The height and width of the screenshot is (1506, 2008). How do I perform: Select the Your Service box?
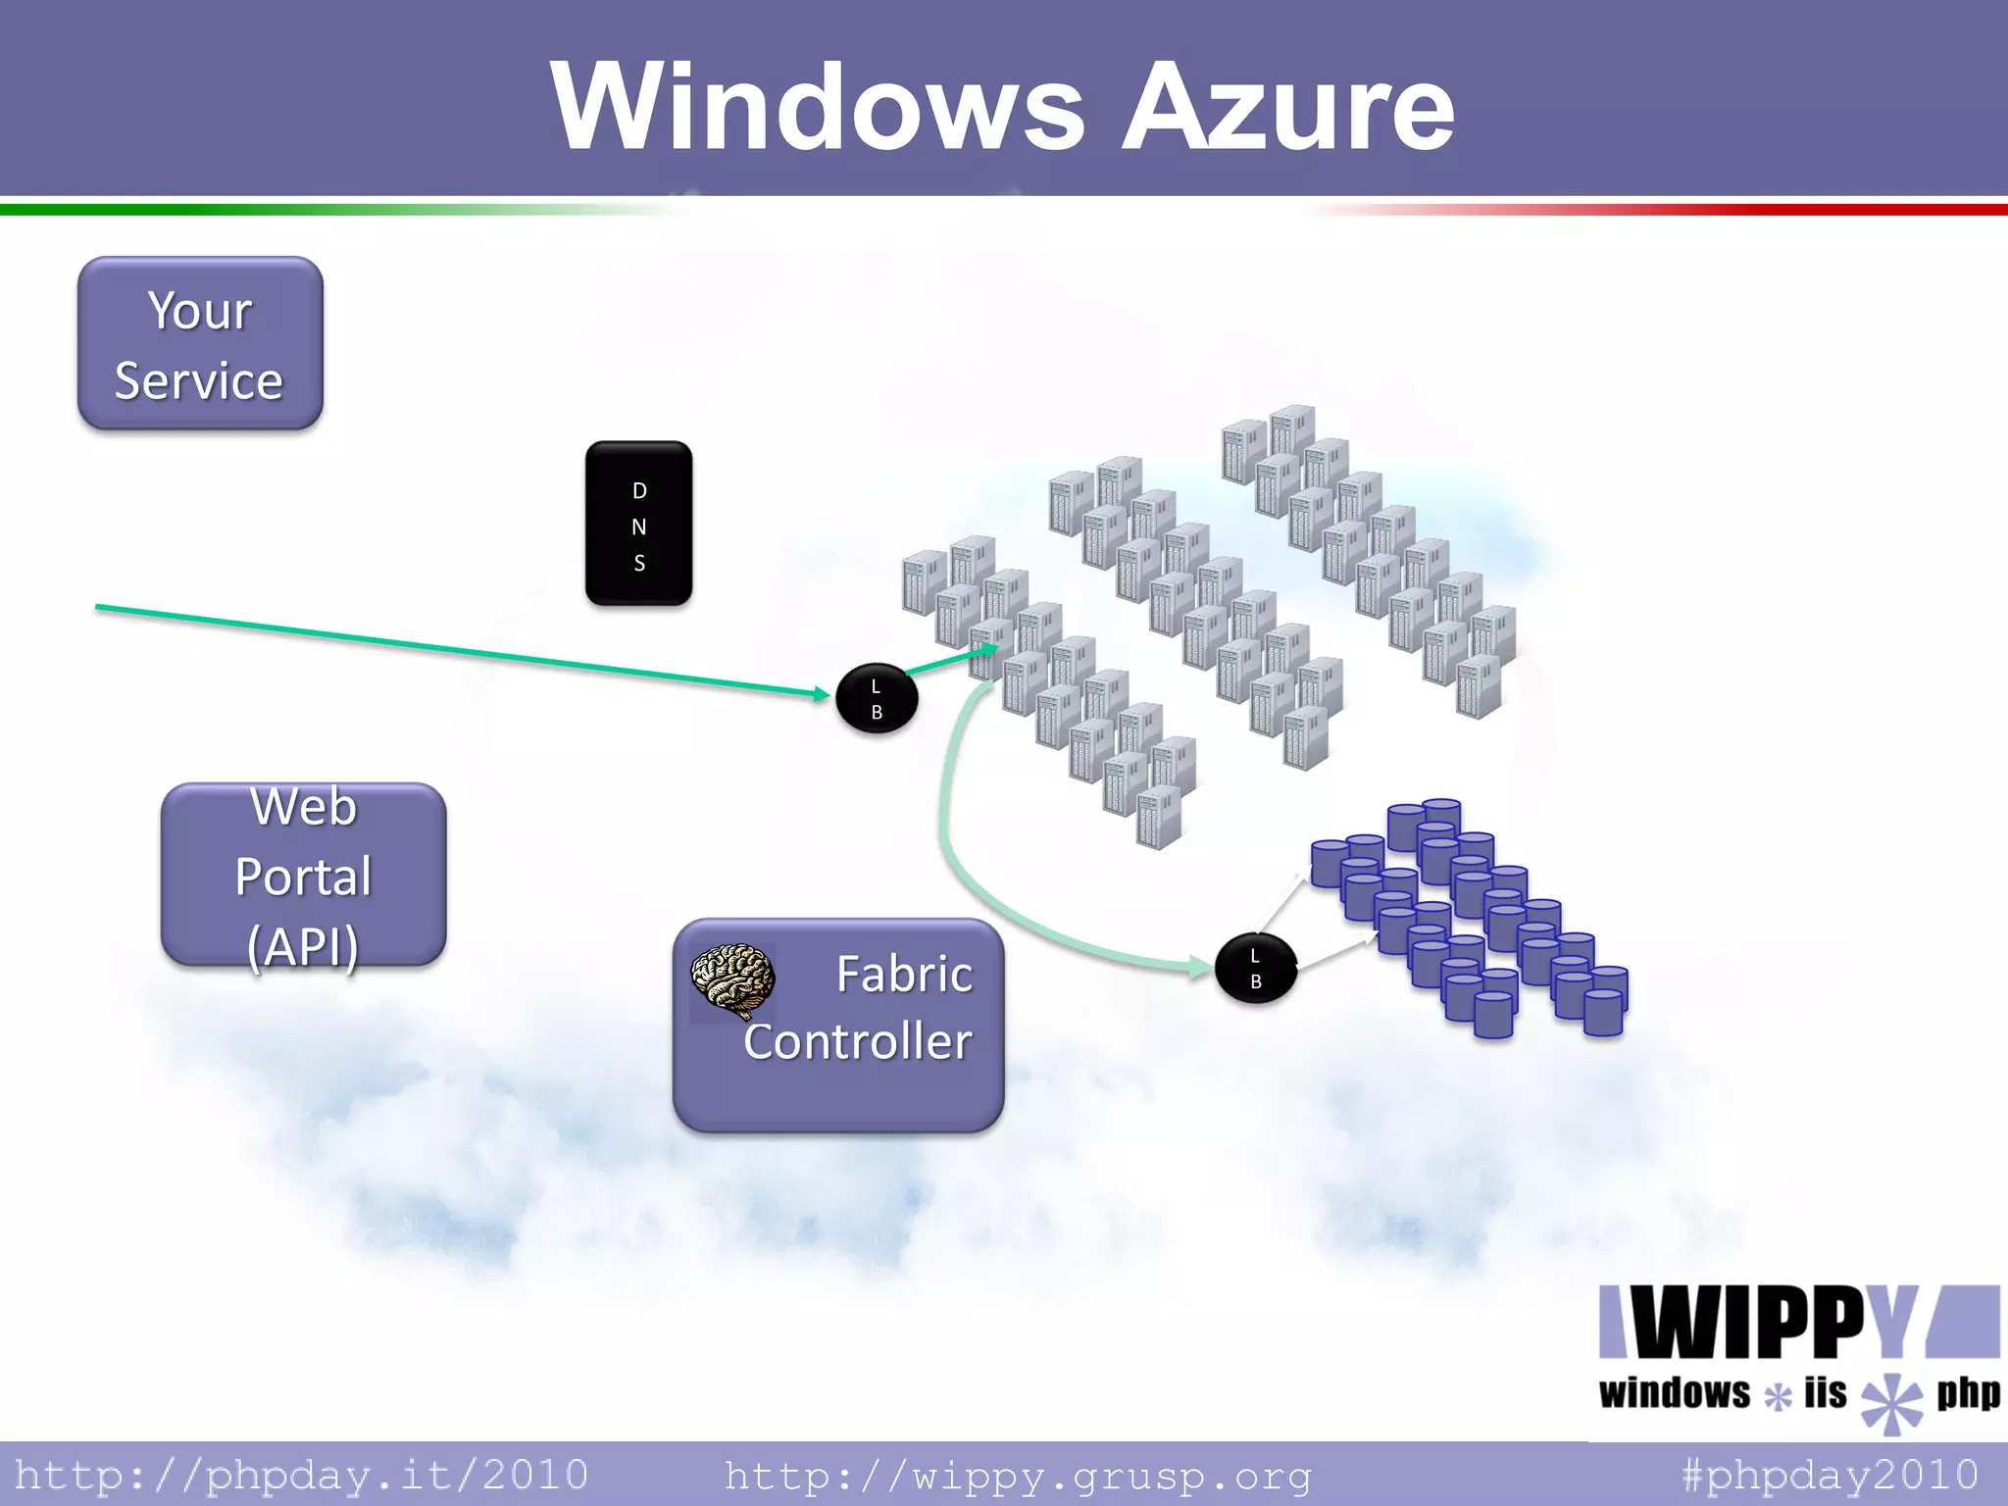point(200,343)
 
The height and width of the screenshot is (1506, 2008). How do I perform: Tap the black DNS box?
point(638,523)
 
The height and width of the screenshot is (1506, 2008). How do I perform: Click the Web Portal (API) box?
point(303,875)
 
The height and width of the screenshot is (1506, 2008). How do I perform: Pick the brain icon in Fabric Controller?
point(732,979)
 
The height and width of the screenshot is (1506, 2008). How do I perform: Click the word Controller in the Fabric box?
point(857,1041)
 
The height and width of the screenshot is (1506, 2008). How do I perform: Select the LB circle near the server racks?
point(877,699)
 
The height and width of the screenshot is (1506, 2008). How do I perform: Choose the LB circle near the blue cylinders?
point(1255,969)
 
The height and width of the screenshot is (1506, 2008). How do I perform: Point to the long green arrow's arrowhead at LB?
point(822,693)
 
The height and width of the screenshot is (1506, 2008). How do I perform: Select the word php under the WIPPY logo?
point(1967,1393)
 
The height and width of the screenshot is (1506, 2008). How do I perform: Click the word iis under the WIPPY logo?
point(1825,1393)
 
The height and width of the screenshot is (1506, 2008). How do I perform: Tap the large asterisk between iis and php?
point(1891,1402)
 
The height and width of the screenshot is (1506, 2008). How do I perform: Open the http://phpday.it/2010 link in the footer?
point(301,1475)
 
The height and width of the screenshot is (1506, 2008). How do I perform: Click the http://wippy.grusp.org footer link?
point(1017,1475)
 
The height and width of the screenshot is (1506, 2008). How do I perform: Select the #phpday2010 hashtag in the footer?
point(1829,1475)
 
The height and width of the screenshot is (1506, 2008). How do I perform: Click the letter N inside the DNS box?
point(638,527)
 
